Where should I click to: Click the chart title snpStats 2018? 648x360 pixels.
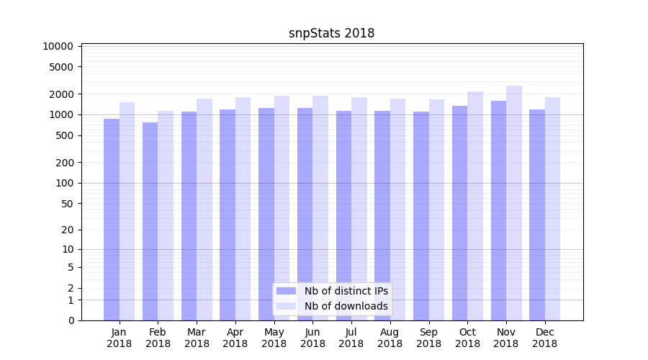[x=331, y=33]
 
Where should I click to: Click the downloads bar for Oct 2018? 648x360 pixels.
[x=475, y=206]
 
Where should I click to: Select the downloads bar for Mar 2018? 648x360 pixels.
[x=204, y=210]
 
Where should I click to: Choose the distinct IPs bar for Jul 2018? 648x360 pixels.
[x=343, y=215]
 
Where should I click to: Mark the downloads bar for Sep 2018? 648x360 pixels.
[x=436, y=210]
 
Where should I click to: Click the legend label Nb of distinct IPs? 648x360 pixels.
[x=346, y=291]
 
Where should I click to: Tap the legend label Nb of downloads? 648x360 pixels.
[x=346, y=306]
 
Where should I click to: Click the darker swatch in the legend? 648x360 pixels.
[x=287, y=291]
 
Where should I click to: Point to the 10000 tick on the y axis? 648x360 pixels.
[x=58, y=47]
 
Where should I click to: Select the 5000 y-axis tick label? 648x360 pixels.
[x=60, y=67]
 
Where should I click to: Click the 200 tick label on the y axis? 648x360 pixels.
[x=63, y=163]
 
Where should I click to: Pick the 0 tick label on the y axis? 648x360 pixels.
[x=71, y=320]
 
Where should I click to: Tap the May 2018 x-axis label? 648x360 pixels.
[x=274, y=338]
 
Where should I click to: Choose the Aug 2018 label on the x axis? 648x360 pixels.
[x=390, y=338]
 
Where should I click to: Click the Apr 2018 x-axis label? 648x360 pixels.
[x=235, y=338]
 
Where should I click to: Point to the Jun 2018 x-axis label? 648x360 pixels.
[x=312, y=338]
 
